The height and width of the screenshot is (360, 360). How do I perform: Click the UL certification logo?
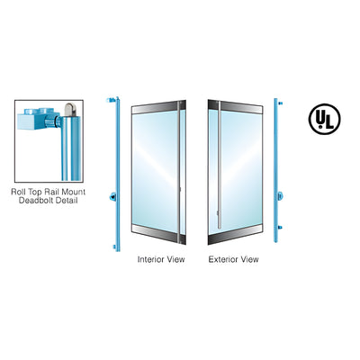[324, 119]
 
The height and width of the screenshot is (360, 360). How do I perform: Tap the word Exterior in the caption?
[223, 259]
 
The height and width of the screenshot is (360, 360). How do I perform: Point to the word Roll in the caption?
[19, 192]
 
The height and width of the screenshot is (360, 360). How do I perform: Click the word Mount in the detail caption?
[74, 192]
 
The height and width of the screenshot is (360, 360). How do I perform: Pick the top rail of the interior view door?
[158, 107]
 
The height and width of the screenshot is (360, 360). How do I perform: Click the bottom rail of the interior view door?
[158, 234]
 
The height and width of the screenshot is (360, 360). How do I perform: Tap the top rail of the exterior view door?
[236, 107]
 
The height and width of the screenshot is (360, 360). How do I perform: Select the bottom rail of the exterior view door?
[236, 235]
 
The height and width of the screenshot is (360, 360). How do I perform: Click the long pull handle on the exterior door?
[220, 165]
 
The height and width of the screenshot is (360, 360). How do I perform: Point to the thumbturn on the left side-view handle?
[112, 197]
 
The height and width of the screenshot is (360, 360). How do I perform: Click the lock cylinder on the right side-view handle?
[281, 196]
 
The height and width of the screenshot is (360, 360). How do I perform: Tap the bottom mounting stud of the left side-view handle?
[114, 247]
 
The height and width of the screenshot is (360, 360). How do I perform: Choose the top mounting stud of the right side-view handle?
[280, 103]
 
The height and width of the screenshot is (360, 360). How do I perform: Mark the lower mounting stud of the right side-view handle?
[280, 228]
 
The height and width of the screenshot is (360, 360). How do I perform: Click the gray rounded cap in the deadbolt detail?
[69, 109]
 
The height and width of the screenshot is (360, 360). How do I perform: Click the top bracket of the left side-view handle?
[112, 100]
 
